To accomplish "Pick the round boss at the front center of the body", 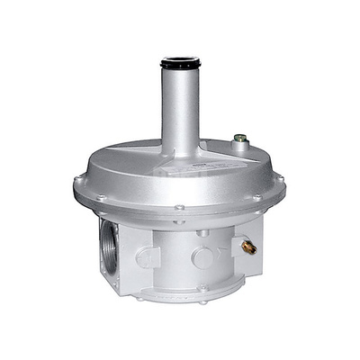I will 202,258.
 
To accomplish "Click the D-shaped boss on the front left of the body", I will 147,256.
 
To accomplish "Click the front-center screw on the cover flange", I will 180,209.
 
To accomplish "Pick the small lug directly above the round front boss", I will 202,233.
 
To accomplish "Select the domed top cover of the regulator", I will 135,171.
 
